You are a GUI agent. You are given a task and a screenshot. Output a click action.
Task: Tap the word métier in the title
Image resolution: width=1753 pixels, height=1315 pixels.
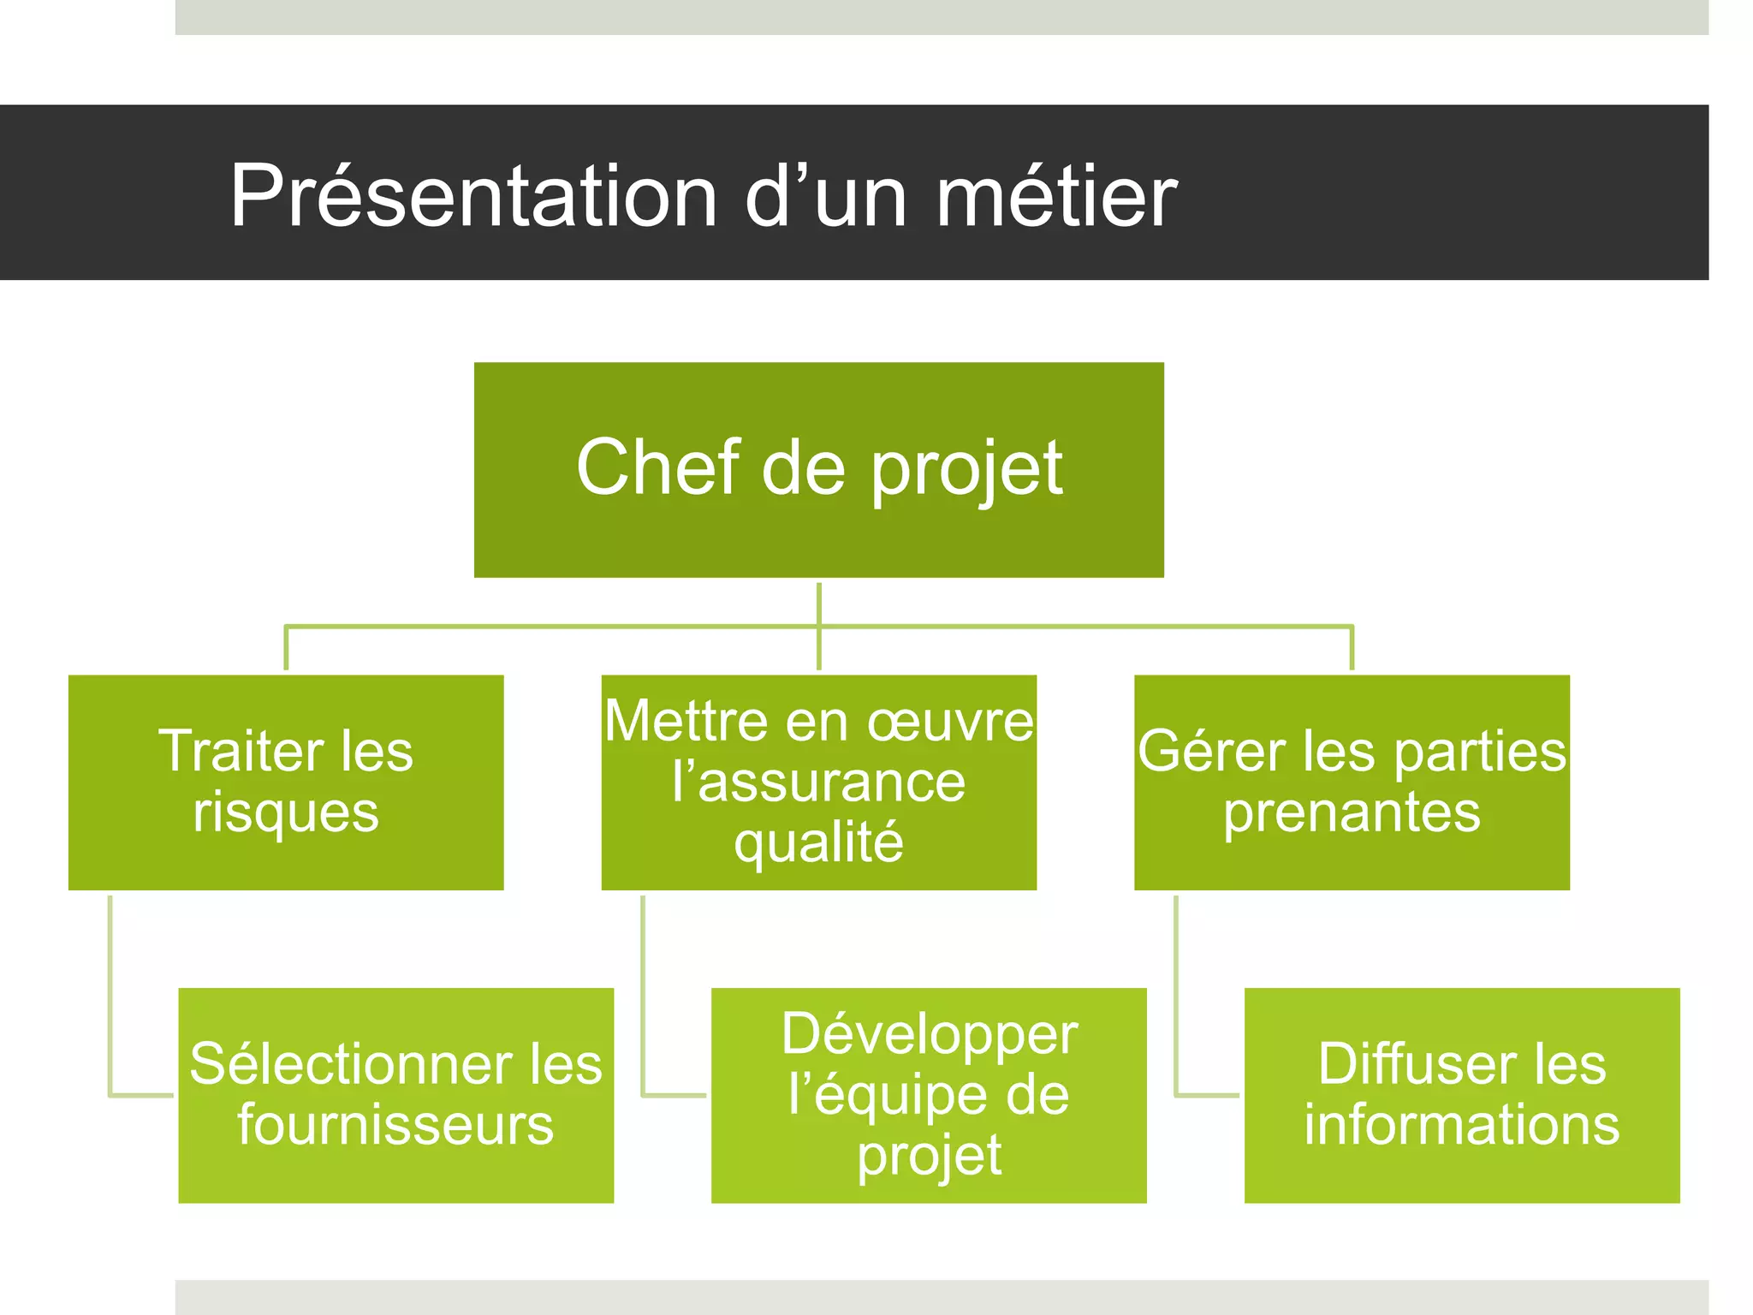pyautogui.click(x=1056, y=197)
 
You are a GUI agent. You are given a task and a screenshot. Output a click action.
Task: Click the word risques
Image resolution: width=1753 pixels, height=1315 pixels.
pyautogui.click(x=285, y=812)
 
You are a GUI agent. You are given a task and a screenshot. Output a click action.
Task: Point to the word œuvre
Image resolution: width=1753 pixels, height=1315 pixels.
pyautogui.click(x=950, y=721)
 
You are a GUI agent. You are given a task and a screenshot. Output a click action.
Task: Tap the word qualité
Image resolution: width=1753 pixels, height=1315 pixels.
pyautogui.click(x=818, y=843)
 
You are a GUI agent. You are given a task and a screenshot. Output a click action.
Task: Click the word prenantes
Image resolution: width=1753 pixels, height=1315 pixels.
pyautogui.click(x=1352, y=812)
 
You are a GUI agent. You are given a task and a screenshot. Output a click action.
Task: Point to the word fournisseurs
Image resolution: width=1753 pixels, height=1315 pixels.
pyautogui.click(x=395, y=1125)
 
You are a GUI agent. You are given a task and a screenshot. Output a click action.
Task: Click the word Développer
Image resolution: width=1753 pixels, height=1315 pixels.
pyautogui.click(x=929, y=1034)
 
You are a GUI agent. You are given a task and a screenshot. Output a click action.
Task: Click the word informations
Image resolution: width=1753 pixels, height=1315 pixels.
pyautogui.click(x=1462, y=1125)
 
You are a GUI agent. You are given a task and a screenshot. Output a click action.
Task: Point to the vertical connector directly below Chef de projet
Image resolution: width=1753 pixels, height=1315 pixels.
pyautogui.click(x=819, y=604)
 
